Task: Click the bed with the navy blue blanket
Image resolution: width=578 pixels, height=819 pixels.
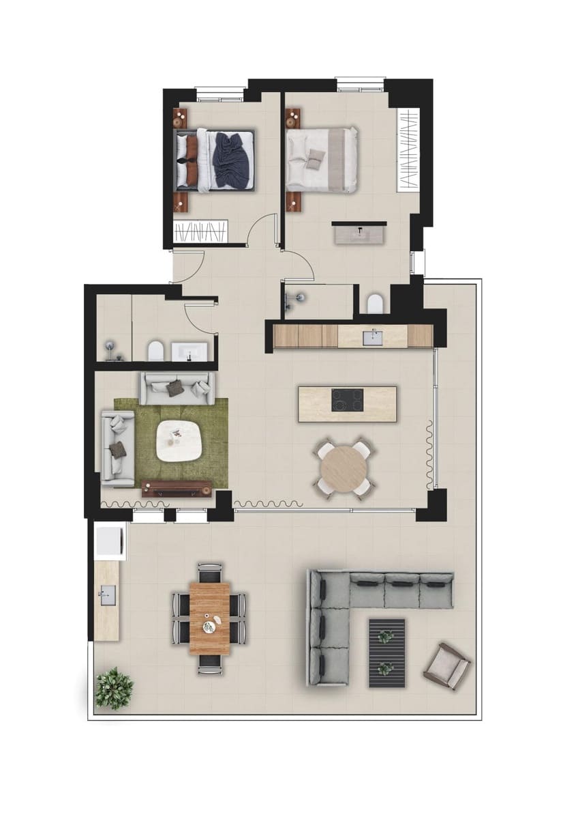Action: (x=215, y=160)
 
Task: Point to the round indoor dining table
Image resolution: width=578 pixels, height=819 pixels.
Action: (x=344, y=468)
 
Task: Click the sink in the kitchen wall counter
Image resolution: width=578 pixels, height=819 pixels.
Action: (x=373, y=336)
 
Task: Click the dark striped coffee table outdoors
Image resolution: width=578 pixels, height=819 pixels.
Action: (x=386, y=652)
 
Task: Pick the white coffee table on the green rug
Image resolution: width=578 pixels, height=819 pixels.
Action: (x=178, y=441)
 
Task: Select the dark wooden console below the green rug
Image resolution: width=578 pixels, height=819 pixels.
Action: (x=177, y=488)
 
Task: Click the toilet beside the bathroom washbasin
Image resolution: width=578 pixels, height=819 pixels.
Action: (x=156, y=351)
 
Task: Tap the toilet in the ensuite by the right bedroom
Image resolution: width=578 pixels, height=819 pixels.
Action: (x=376, y=304)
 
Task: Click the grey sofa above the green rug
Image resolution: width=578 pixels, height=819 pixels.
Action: (x=177, y=388)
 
